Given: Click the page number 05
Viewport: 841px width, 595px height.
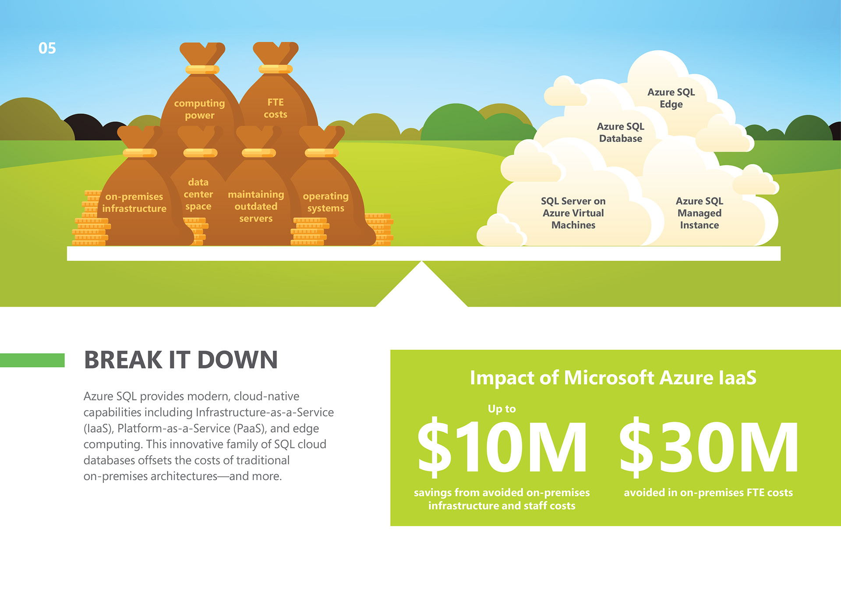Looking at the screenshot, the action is (x=47, y=48).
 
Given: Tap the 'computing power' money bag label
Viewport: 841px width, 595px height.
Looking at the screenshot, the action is (x=199, y=109).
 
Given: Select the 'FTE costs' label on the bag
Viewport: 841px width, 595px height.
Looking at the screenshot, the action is (x=276, y=108).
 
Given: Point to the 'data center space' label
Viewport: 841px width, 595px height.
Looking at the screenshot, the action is (x=198, y=194).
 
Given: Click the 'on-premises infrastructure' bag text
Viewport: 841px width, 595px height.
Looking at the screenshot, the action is (x=134, y=202).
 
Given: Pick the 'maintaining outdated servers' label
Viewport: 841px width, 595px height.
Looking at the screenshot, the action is (x=256, y=206).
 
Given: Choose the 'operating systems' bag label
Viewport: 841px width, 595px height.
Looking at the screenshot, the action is (x=325, y=202).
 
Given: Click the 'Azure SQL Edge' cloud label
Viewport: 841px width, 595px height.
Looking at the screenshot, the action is (x=671, y=98).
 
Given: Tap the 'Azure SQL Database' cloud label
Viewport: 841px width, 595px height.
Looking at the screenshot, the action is (x=620, y=132).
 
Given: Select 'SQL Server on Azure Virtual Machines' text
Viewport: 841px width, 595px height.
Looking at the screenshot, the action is (x=573, y=213).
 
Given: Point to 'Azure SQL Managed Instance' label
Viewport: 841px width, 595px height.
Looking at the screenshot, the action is (x=699, y=213).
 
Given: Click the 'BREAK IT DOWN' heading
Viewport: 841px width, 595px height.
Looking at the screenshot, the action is (x=181, y=360).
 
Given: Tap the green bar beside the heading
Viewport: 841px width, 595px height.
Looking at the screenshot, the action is (x=32, y=360).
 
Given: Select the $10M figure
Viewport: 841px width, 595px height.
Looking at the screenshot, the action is (x=502, y=447).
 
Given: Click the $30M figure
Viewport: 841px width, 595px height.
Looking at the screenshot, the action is (x=709, y=447).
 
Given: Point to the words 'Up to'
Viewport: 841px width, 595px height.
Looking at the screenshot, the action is (x=502, y=409).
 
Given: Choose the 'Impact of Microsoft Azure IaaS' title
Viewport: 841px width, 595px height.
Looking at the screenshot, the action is (x=613, y=378).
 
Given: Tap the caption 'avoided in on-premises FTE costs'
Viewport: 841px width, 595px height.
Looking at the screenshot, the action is (x=708, y=492).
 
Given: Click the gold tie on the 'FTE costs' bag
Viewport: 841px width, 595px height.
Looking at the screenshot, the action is (x=276, y=69).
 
